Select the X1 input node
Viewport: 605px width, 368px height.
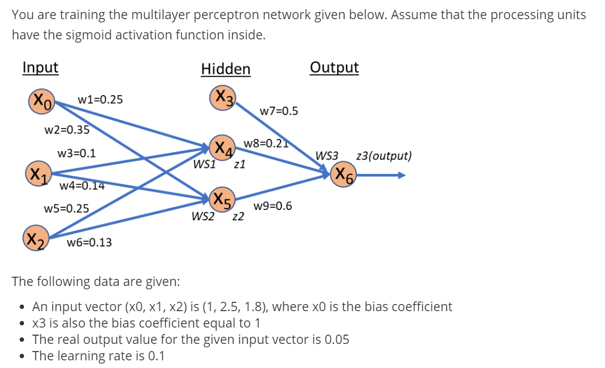37,175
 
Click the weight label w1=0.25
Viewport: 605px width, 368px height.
100,100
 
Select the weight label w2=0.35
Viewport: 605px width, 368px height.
67,130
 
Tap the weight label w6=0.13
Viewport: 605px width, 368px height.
89,242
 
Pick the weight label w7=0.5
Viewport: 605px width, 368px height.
279,111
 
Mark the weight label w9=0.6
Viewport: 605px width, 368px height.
273,206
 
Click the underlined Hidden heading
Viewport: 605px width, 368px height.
226,69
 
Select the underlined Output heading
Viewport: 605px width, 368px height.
334,67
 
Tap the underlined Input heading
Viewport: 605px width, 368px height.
40,67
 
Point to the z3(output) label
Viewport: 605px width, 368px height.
384,156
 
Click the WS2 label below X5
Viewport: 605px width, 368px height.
203,217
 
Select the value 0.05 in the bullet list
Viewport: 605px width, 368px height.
337,339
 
